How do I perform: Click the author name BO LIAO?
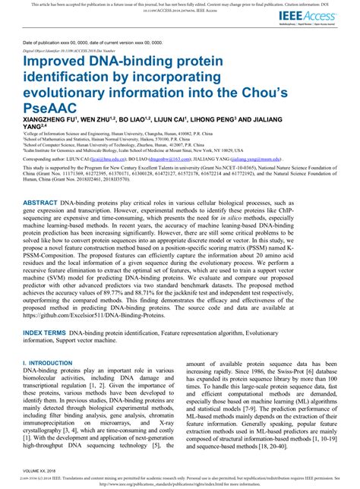tap(138, 120)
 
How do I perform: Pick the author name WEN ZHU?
tap(98, 120)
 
